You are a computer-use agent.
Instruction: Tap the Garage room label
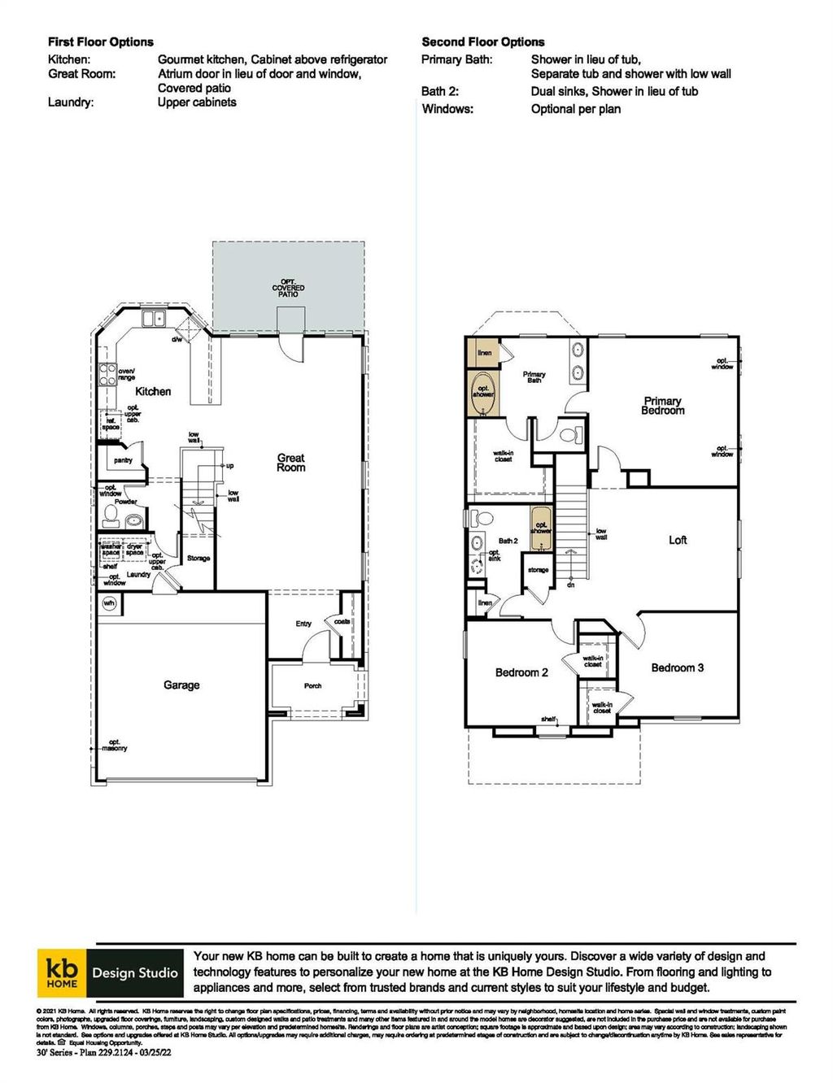click(x=181, y=685)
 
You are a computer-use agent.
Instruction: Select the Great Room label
click(x=291, y=463)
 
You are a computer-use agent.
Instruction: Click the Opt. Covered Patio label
click(x=289, y=288)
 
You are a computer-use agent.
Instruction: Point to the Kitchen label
click(x=153, y=391)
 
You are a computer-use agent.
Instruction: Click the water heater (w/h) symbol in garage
click(x=109, y=603)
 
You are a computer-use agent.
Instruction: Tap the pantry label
click(x=123, y=460)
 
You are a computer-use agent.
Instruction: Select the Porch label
click(x=313, y=685)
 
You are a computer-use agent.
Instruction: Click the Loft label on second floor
click(x=678, y=540)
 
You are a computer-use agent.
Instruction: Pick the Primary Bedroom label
click(x=663, y=406)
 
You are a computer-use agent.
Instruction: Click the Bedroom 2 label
click(x=521, y=672)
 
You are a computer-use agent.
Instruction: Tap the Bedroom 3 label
click(x=678, y=668)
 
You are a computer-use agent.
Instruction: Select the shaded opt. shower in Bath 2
click(x=541, y=527)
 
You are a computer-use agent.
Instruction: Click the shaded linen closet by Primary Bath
click(x=483, y=353)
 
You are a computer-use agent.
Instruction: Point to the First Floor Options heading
click(x=100, y=41)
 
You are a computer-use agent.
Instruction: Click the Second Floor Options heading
click(x=483, y=41)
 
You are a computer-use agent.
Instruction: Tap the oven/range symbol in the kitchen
click(x=107, y=374)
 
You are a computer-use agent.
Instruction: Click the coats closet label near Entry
click(x=342, y=621)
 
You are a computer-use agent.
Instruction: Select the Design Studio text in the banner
click(x=135, y=972)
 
